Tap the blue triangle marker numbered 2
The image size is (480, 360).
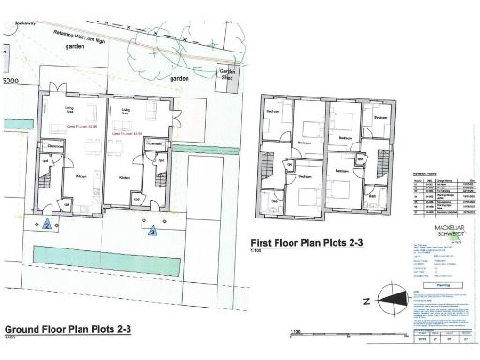point(47,223)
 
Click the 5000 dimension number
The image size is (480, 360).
point(10,82)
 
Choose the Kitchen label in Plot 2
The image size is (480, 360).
point(82,174)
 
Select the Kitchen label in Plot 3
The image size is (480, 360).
point(125,174)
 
